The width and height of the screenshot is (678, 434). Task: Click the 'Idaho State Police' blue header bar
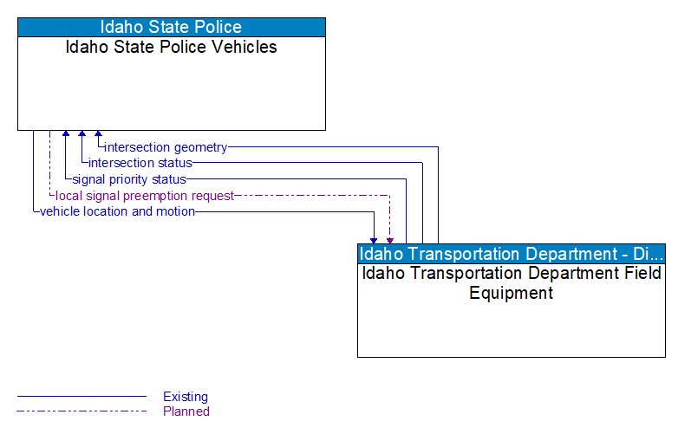click(x=171, y=27)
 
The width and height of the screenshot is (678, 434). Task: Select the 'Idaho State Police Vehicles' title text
click(x=171, y=47)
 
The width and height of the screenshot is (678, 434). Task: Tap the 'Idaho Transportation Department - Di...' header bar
click(x=512, y=254)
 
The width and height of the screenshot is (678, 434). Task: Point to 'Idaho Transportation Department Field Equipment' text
click(x=512, y=282)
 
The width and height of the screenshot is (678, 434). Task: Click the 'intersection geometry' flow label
click(x=166, y=147)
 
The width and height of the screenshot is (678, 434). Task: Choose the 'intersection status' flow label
click(x=140, y=163)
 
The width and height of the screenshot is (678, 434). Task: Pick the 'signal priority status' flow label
click(x=129, y=179)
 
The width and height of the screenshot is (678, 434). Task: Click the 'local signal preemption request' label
click(x=145, y=196)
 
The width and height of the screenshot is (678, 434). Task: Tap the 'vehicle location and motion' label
click(x=117, y=211)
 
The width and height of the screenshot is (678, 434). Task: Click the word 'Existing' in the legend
click(x=186, y=397)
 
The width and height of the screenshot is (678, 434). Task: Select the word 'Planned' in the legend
click(x=186, y=411)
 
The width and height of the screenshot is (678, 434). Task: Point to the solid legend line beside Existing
click(x=81, y=397)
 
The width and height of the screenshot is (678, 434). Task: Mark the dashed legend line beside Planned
click(x=81, y=411)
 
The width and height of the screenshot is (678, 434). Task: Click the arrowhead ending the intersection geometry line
click(x=98, y=135)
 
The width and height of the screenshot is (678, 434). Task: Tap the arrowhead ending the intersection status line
click(x=81, y=135)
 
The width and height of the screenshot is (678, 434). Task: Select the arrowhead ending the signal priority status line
click(x=66, y=135)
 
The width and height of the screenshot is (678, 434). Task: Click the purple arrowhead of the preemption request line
click(x=390, y=239)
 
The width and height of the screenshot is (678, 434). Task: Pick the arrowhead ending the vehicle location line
click(x=375, y=239)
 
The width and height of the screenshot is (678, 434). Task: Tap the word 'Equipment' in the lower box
click(x=512, y=293)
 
